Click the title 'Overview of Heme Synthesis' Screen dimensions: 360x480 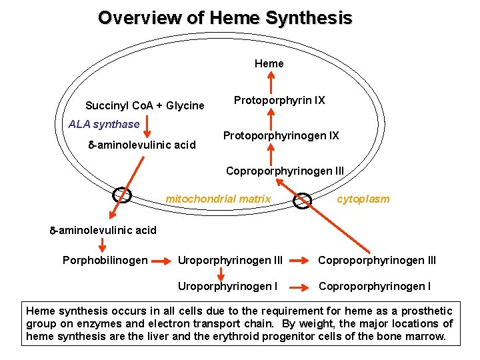pyautogui.click(x=225, y=18)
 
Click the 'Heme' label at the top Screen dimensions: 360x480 pyautogui.click(x=269, y=64)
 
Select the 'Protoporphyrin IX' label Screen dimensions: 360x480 pyautogui.click(x=279, y=101)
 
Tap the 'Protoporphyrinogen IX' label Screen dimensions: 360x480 pyautogui.click(x=281, y=136)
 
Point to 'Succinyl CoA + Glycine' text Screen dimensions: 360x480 pyautogui.click(x=145, y=106)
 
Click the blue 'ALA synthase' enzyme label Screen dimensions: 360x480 pyautogui.click(x=104, y=124)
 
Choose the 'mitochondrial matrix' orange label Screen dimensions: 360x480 pyautogui.click(x=218, y=199)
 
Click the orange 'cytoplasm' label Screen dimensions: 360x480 pyautogui.click(x=363, y=199)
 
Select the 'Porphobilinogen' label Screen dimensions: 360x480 pyautogui.click(x=105, y=260)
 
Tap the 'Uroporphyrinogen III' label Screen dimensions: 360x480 pyautogui.click(x=230, y=260)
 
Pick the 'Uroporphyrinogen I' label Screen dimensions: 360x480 pyautogui.click(x=227, y=287)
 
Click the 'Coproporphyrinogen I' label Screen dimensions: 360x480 pyautogui.click(x=374, y=287)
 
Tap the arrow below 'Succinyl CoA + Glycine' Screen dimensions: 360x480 pyautogui.click(x=148, y=128)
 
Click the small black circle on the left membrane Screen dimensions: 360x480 pyautogui.click(x=122, y=195)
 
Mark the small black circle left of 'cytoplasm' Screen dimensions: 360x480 pyautogui.click(x=303, y=200)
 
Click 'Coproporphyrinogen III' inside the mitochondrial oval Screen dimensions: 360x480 pyautogui.click(x=285, y=171)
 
